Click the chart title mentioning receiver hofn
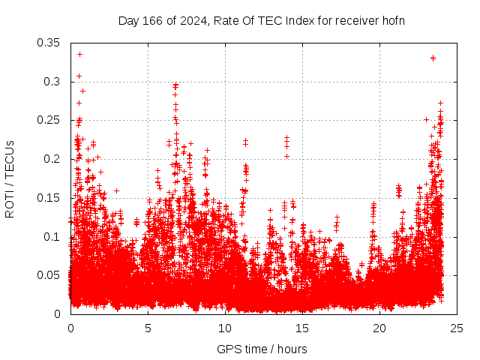[x=262, y=20]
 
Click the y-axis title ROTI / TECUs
[x=10, y=178]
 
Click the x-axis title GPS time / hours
[x=262, y=349]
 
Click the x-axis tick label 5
[x=148, y=328]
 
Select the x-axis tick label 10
[x=225, y=328]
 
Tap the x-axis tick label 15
[x=302, y=328]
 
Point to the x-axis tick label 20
[x=379, y=328]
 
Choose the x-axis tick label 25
[x=457, y=328]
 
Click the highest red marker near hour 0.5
[x=79, y=54]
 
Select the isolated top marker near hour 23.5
[x=433, y=58]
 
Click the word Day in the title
[x=128, y=20]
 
